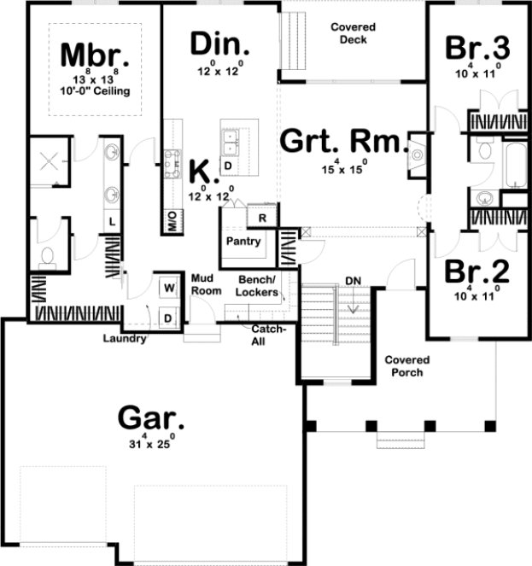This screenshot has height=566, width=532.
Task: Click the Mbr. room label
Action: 96,55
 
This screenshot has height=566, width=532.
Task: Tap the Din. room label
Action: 219,43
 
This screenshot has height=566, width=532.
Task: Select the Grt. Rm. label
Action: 341,140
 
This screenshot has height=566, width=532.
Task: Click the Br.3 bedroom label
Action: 478,48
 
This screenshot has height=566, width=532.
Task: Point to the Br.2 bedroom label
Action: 477,271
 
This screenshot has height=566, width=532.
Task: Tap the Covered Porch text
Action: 406,366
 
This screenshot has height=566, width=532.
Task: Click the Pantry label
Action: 243,242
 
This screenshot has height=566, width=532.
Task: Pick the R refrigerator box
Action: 263,218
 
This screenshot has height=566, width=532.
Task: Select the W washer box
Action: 167,285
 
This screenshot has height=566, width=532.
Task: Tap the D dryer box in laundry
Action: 167,318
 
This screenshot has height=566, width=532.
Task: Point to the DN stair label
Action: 353,281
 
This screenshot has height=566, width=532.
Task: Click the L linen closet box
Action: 112,221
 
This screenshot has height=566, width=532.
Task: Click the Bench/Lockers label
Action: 259,286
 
